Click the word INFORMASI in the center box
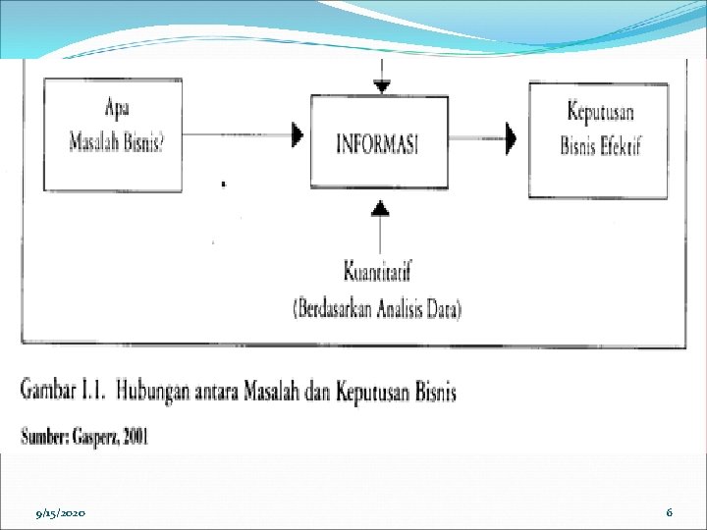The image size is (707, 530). coord(378,143)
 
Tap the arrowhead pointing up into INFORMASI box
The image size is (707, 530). coord(380,206)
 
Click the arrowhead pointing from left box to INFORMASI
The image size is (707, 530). coord(297,135)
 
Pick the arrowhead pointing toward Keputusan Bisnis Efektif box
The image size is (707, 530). coord(511,137)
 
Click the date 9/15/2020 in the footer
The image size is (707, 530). coord(61,513)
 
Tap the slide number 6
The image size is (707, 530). coord(669,512)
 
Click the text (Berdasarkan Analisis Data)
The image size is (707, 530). coord(377,309)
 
